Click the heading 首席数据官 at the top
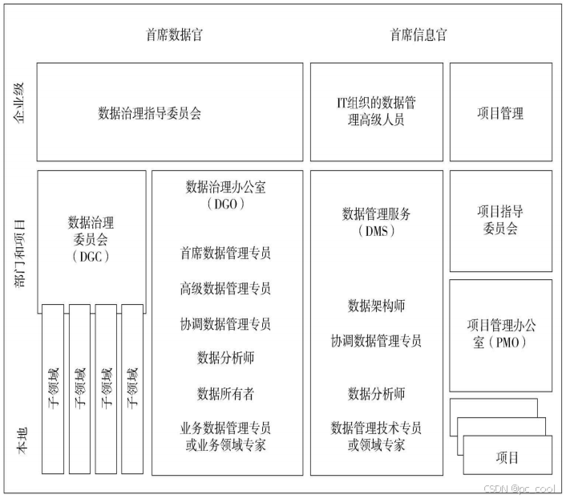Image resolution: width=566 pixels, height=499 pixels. pos(174,35)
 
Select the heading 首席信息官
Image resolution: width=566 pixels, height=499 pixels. pos(418,35)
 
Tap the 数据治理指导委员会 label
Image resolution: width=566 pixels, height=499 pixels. pos(150,113)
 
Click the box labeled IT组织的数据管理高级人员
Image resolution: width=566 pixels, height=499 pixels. pos(376,112)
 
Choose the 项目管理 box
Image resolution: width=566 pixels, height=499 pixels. pos(500,113)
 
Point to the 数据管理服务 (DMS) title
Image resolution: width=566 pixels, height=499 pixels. pos(376,222)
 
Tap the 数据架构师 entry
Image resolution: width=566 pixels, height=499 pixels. pos(376,306)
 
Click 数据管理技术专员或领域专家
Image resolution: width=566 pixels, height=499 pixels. pos(376,436)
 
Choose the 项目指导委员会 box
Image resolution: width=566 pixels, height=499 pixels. pos(500,220)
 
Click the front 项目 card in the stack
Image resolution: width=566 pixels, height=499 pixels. pos(507,458)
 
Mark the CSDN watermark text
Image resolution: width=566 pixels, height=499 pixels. pos(520,489)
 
